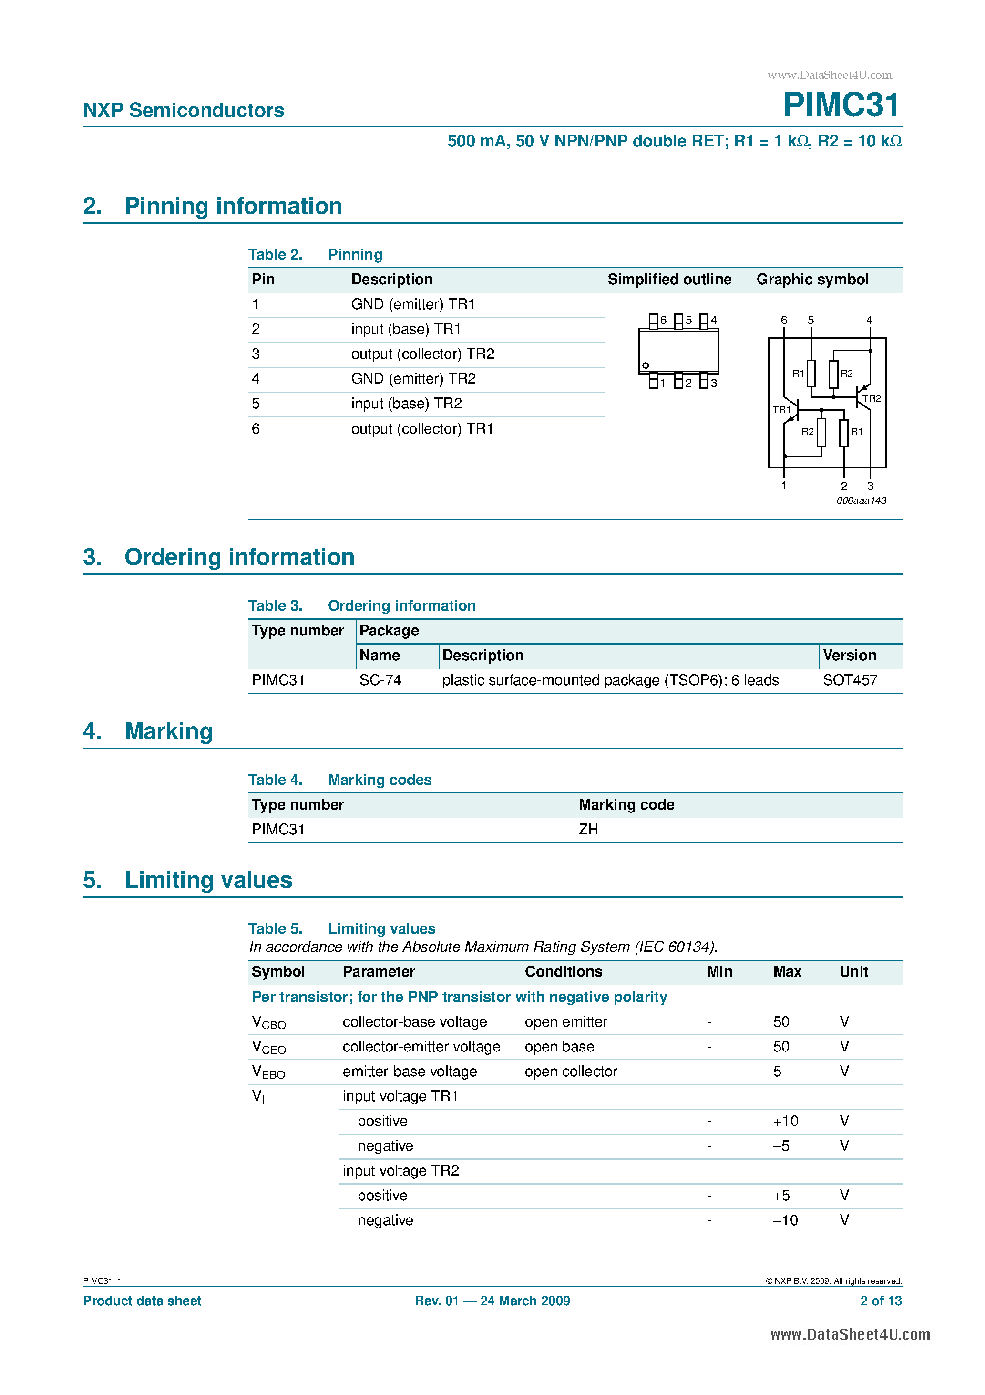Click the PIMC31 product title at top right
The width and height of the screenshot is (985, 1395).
841,104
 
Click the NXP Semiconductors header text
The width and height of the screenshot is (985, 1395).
184,110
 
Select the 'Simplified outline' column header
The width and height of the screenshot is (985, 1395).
669,280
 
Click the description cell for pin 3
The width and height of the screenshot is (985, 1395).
423,354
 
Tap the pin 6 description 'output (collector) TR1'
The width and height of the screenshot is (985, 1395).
422,429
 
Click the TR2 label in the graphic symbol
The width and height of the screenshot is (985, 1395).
872,398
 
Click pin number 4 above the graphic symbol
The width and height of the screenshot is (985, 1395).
869,320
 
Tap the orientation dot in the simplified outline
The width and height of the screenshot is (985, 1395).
646,365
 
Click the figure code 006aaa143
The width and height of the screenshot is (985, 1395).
861,500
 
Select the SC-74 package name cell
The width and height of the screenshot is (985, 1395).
380,680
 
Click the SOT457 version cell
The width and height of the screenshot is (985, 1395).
850,680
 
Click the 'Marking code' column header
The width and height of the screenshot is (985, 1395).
626,804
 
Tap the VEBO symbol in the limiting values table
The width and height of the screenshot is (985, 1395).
268,1072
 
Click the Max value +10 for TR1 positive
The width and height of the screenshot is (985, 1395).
785,1121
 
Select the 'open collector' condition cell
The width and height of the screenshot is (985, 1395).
571,1072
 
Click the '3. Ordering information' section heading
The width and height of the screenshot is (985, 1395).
219,557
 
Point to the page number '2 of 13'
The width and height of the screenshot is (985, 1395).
881,1301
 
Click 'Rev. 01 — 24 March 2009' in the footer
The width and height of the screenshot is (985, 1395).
492,1301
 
